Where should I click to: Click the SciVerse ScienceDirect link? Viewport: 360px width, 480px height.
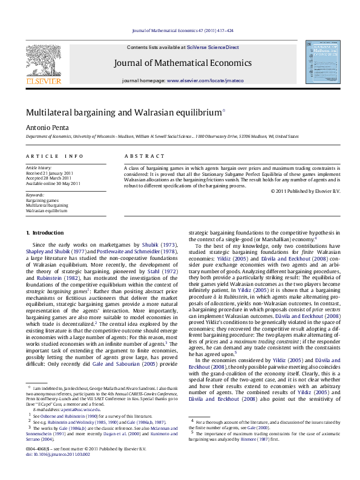212,47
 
